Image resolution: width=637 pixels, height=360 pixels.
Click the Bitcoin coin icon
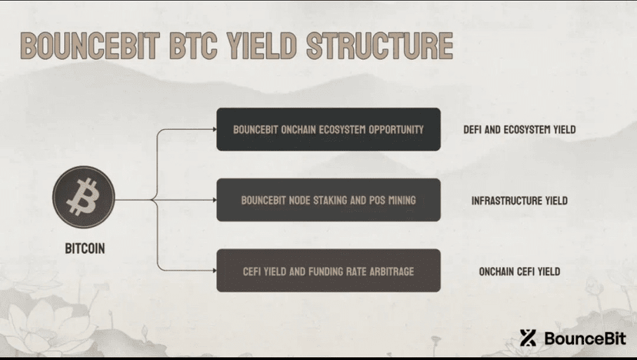[x=84, y=197]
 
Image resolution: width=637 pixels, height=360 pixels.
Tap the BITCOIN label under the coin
[x=85, y=248]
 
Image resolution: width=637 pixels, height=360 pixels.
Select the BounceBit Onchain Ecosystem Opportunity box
[x=329, y=129]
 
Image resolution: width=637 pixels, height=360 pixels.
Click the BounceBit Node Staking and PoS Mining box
[x=329, y=200]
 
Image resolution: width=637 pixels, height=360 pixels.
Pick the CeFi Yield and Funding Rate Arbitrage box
[x=329, y=271]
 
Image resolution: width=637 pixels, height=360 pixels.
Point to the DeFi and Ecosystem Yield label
[x=519, y=130]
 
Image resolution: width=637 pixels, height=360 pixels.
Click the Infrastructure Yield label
[x=519, y=200]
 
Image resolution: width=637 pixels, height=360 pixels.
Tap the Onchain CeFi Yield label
[x=519, y=272]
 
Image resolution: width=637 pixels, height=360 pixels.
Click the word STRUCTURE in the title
[x=379, y=45]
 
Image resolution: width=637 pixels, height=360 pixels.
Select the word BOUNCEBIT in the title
[x=90, y=45]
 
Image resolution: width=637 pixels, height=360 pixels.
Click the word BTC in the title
[x=193, y=45]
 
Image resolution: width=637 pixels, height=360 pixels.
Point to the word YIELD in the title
[x=262, y=45]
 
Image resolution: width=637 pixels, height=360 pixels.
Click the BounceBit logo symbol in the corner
[x=528, y=338]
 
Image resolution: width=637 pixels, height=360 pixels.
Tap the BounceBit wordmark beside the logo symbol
[x=585, y=338]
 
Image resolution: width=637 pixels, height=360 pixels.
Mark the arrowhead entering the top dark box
[x=215, y=129]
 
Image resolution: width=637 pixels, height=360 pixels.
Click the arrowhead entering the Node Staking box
[x=215, y=200]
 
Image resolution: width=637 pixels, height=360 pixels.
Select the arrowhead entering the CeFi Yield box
[x=215, y=271]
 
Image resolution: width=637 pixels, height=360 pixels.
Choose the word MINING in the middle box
[x=402, y=200]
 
